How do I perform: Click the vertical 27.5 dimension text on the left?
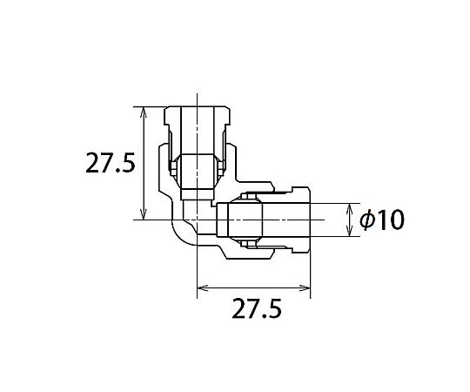coord(111,163)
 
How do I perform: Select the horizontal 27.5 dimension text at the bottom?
coord(257,308)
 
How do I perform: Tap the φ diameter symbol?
coord(368,220)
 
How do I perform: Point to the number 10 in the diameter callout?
coord(391,220)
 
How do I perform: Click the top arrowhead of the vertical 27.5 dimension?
coord(144,112)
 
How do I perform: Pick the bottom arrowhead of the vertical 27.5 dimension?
coord(144,215)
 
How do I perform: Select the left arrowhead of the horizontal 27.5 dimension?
coord(202,288)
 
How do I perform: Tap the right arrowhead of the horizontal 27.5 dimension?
coord(305,288)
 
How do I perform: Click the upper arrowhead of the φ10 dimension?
coord(349,208)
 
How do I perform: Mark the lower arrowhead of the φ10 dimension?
coord(349,231)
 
